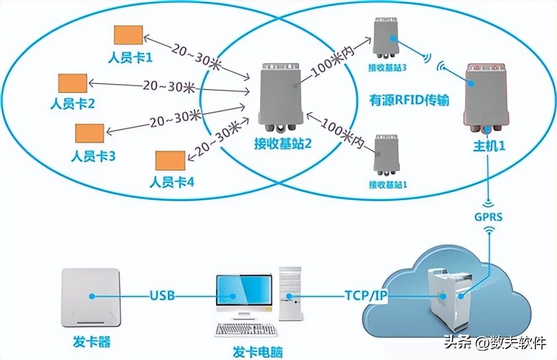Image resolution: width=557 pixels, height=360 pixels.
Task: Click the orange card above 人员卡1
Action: [x=128, y=35]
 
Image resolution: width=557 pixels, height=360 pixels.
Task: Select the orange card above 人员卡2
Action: [x=73, y=83]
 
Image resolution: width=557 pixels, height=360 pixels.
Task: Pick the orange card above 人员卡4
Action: [x=170, y=160]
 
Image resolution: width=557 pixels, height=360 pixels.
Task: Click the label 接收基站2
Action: [x=282, y=144]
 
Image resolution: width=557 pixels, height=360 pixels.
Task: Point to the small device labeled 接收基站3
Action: [x=386, y=39]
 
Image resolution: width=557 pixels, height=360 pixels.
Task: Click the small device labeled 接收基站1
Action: [x=387, y=155]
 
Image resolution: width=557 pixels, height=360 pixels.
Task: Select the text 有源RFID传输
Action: [x=409, y=100]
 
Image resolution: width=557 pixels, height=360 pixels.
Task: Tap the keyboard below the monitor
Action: [x=246, y=330]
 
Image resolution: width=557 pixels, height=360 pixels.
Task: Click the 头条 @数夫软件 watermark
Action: [x=494, y=343]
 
